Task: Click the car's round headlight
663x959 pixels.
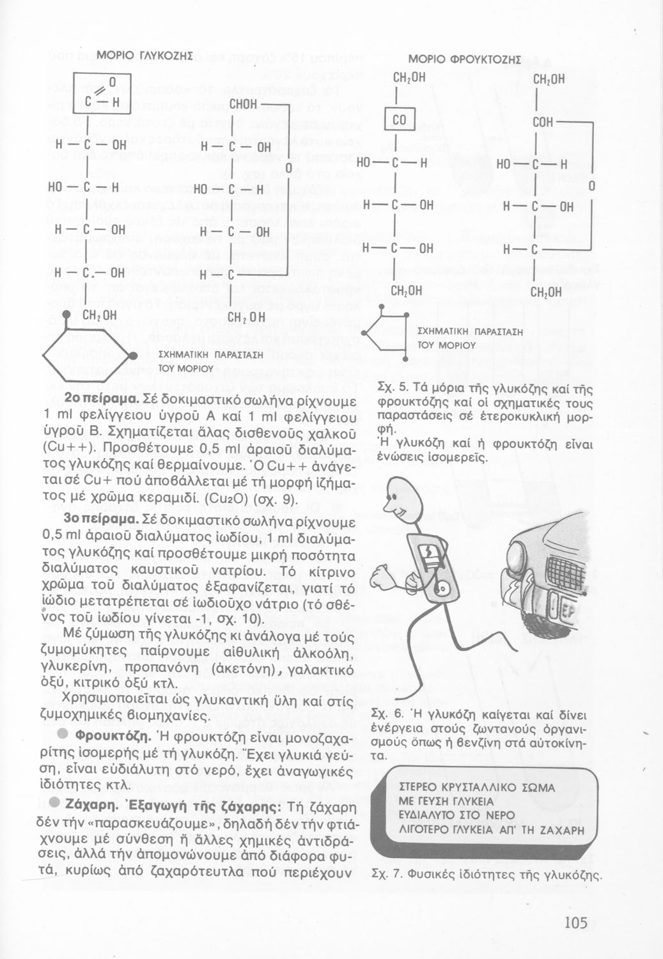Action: [x=523, y=554]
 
